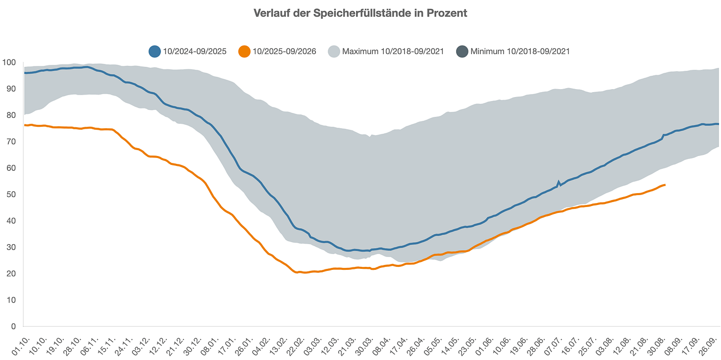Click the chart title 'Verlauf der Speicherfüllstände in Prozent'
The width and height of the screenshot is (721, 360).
click(360, 13)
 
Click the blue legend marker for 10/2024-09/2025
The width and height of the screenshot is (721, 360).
click(154, 51)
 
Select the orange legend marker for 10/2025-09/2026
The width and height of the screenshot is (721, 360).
click(244, 51)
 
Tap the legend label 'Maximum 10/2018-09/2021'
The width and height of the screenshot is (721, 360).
click(393, 51)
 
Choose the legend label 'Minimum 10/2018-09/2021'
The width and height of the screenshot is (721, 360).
click(520, 51)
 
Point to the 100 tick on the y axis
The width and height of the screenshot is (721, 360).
click(9, 62)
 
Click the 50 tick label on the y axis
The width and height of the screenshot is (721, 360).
click(11, 195)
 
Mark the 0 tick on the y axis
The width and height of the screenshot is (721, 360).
click(13, 326)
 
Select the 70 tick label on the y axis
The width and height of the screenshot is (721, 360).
click(11, 142)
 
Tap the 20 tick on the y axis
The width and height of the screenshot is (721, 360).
click(11, 274)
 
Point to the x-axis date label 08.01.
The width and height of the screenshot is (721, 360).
click(210, 346)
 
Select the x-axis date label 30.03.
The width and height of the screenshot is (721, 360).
click(364, 346)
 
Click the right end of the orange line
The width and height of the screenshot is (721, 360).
click(665, 185)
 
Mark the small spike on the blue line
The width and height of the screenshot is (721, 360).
click(559, 182)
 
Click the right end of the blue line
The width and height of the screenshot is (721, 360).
click(719, 124)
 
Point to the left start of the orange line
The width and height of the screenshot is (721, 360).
click(24, 125)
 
